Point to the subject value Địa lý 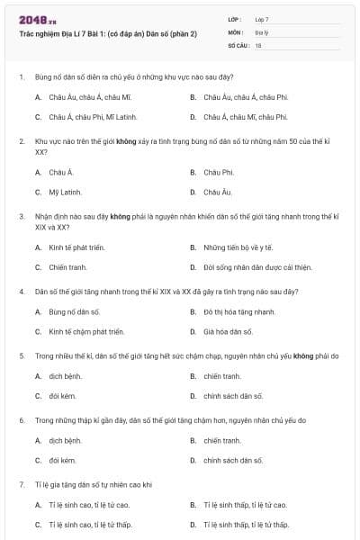[x=261, y=31]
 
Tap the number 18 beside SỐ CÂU [x=258, y=44]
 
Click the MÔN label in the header [x=236, y=31]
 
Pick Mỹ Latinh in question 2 [x=65, y=192]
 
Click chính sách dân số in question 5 [x=233, y=396]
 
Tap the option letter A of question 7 [x=38, y=505]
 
